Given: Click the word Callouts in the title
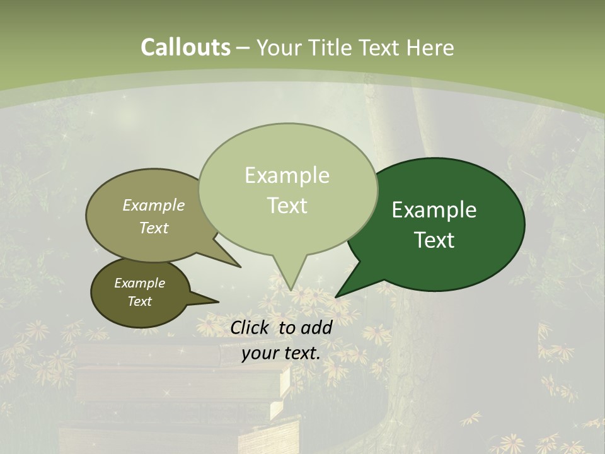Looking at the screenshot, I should click(x=185, y=47).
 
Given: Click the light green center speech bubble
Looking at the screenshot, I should click(x=287, y=158).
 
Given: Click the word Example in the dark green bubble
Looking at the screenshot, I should click(x=434, y=209).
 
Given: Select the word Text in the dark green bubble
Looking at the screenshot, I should click(x=434, y=240).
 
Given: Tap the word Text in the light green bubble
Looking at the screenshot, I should click(x=287, y=205).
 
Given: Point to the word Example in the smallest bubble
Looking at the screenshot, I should click(x=139, y=283).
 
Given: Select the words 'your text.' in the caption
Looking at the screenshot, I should click(x=281, y=353).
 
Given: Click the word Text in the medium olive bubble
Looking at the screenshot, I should click(x=154, y=228).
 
